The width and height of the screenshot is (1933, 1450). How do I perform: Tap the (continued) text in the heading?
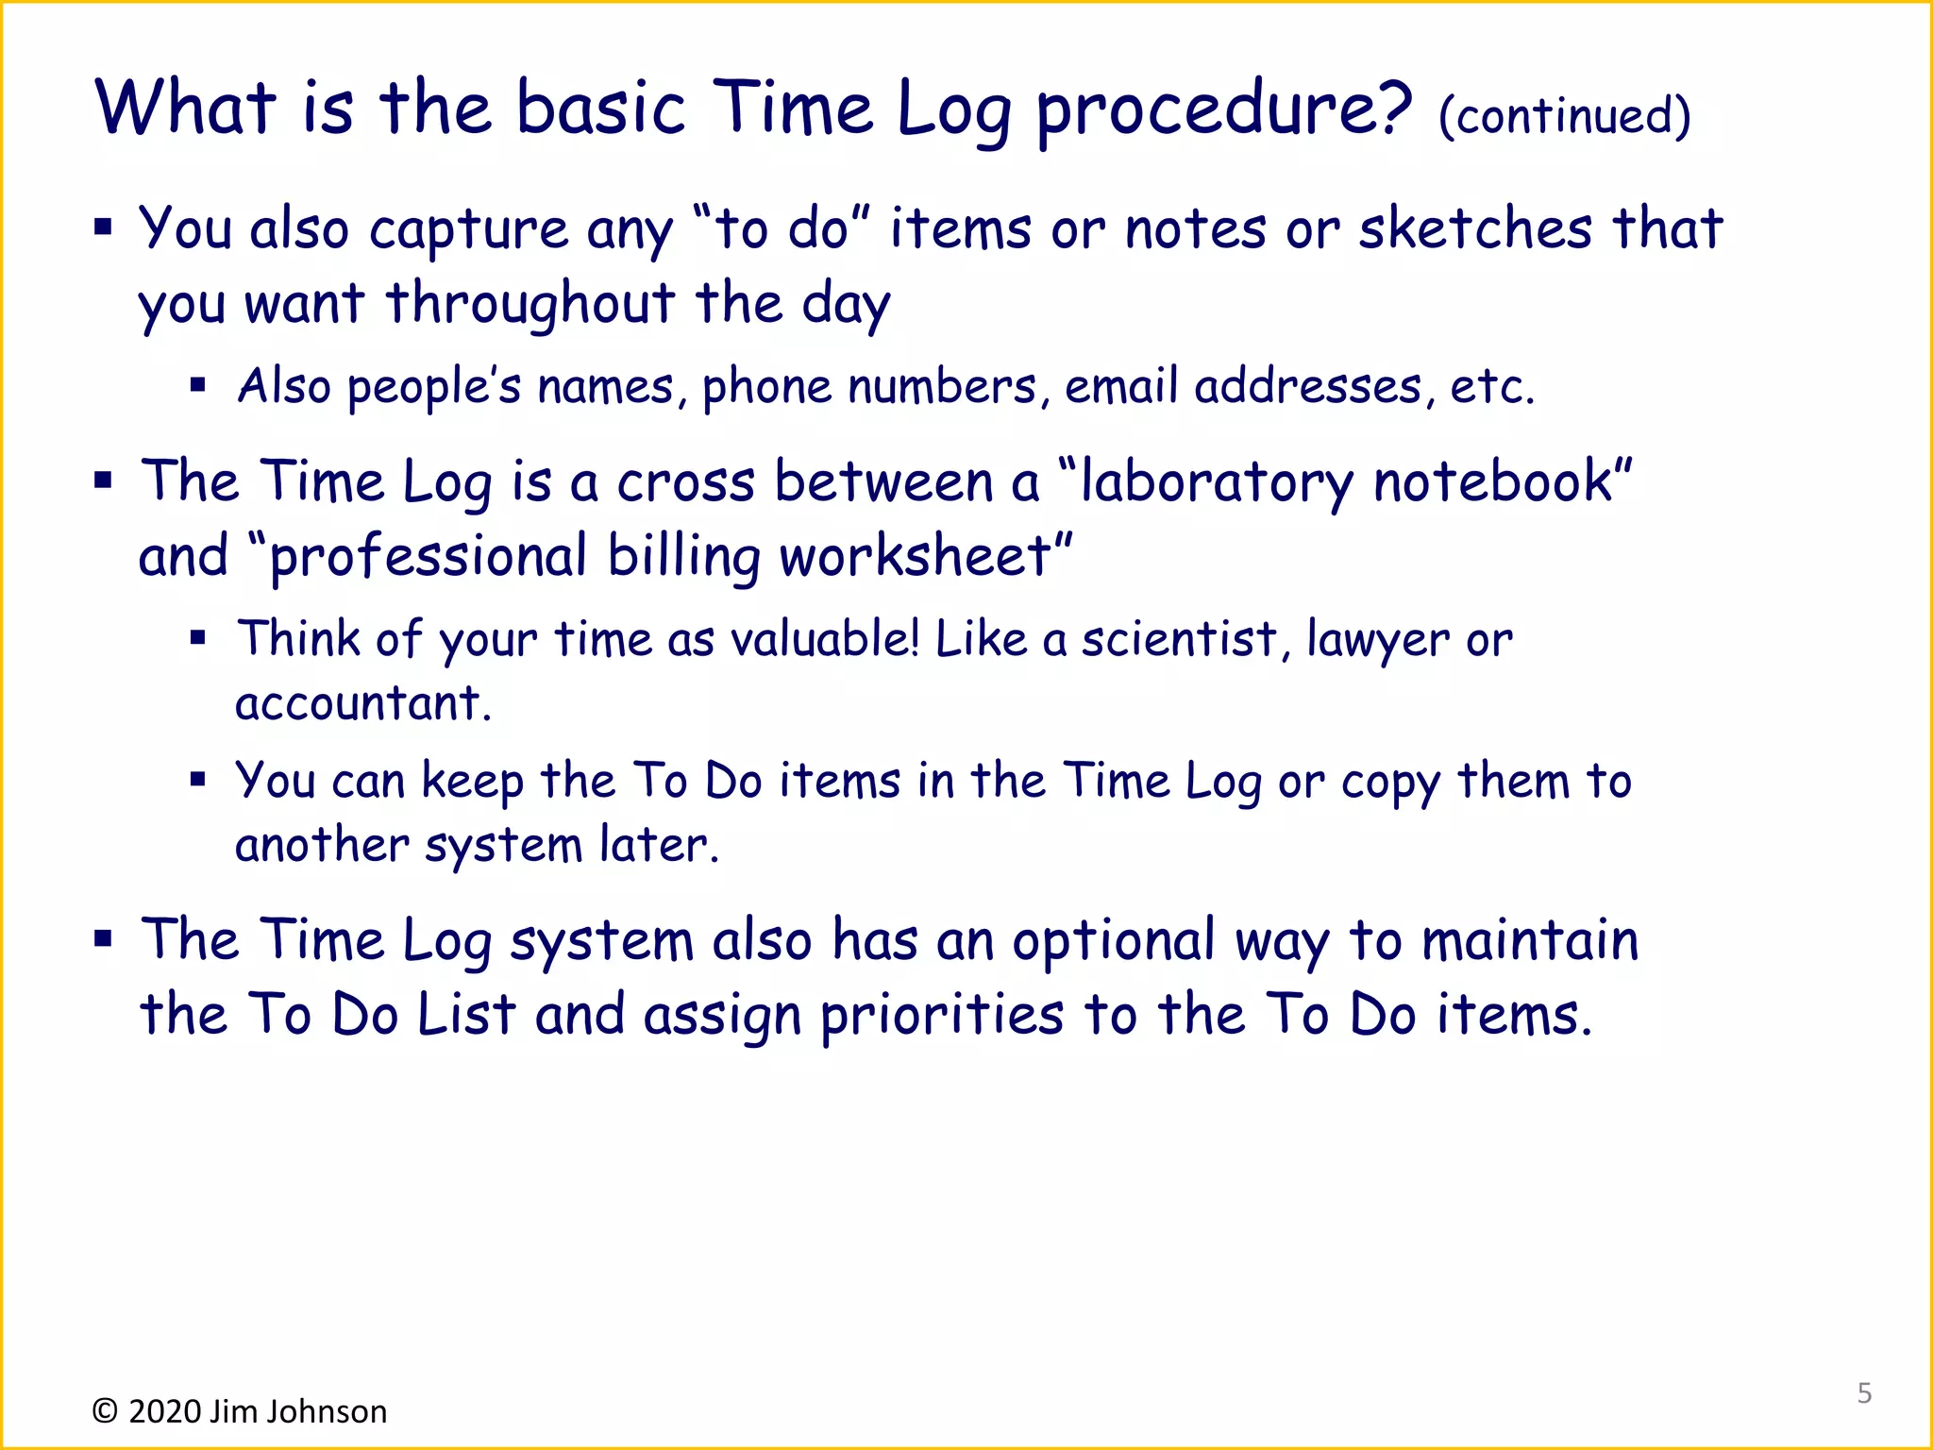[1564, 117]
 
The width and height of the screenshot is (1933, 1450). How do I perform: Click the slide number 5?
[1864, 1392]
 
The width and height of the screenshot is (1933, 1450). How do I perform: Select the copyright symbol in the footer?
[105, 1411]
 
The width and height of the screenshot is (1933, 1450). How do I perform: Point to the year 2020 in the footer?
[165, 1411]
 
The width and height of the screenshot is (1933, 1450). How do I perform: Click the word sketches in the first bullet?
[1475, 229]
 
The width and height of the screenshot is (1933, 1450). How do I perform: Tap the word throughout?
[530, 304]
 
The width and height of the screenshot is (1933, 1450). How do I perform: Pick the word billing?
[683, 557]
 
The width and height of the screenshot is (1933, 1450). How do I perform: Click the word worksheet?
[916, 557]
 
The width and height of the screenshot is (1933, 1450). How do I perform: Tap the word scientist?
[1179, 639]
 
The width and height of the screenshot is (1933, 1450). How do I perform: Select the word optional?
[1113, 942]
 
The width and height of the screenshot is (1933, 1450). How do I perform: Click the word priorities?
[942, 1017]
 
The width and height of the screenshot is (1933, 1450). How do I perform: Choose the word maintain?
[1530, 941]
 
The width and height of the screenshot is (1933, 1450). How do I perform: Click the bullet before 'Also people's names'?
[197, 385]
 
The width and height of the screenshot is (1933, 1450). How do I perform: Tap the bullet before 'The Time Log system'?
[104, 939]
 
